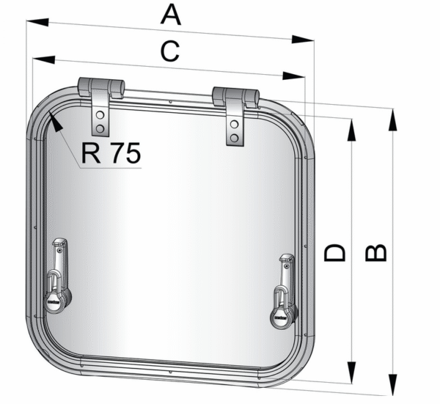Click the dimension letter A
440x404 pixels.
[171, 15]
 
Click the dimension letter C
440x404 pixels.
[170, 51]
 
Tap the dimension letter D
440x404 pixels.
[334, 253]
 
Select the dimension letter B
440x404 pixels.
[376, 252]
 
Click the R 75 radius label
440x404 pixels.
[111, 153]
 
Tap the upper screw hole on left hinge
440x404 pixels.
[100, 114]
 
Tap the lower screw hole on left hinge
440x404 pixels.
[100, 129]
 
